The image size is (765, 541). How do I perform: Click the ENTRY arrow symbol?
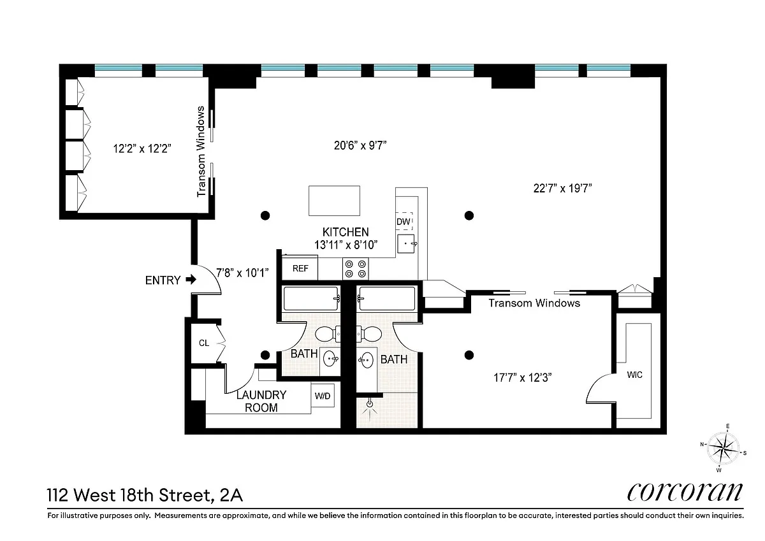pos(191,280)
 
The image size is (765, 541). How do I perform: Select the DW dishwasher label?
pos(404,222)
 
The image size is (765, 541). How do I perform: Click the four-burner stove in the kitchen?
pos(356,269)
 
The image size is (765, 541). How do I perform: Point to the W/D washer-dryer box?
pos(323,396)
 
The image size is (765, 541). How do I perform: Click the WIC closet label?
pos(634,375)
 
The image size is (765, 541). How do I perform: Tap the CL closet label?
pos(204,343)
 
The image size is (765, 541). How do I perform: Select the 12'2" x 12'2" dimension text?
pos(142,148)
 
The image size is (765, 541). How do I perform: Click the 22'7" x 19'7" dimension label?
pos(562,188)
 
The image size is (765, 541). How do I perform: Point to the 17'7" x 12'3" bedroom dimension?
pos(523,377)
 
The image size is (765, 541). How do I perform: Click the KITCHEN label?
pos(346,232)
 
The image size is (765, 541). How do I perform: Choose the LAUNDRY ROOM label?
pos(261,401)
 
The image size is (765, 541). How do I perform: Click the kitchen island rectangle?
pos(334,201)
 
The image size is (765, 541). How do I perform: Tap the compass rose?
pos(723,448)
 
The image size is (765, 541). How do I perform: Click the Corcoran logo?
pos(685,492)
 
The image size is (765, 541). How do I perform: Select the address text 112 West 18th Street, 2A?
pos(145,495)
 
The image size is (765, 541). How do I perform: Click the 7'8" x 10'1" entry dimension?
pos(242,273)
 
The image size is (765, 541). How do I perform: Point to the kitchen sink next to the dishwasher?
pos(406,243)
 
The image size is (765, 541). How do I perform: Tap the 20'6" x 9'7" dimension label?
pos(360,145)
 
